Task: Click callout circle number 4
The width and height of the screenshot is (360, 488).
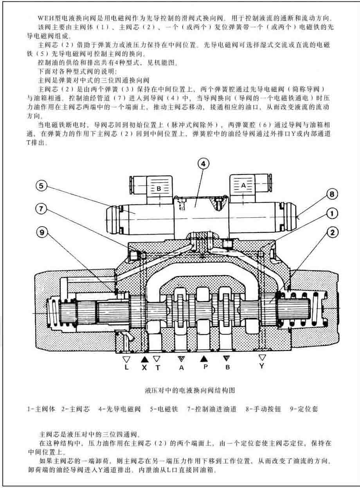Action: [203, 164]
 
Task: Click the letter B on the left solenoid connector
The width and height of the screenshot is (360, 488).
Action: [159, 188]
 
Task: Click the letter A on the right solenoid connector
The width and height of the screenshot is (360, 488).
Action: [243, 186]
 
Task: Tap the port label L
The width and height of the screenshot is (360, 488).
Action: [126, 367]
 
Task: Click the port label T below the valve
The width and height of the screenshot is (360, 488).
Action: [157, 367]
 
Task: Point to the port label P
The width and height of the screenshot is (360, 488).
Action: [203, 367]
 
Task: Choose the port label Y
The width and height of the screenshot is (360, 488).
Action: [262, 366]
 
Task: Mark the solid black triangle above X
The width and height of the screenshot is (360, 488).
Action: [144, 358]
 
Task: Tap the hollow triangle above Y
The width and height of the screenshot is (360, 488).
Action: [262, 357]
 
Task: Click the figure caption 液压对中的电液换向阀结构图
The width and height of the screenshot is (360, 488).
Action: [189, 390]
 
